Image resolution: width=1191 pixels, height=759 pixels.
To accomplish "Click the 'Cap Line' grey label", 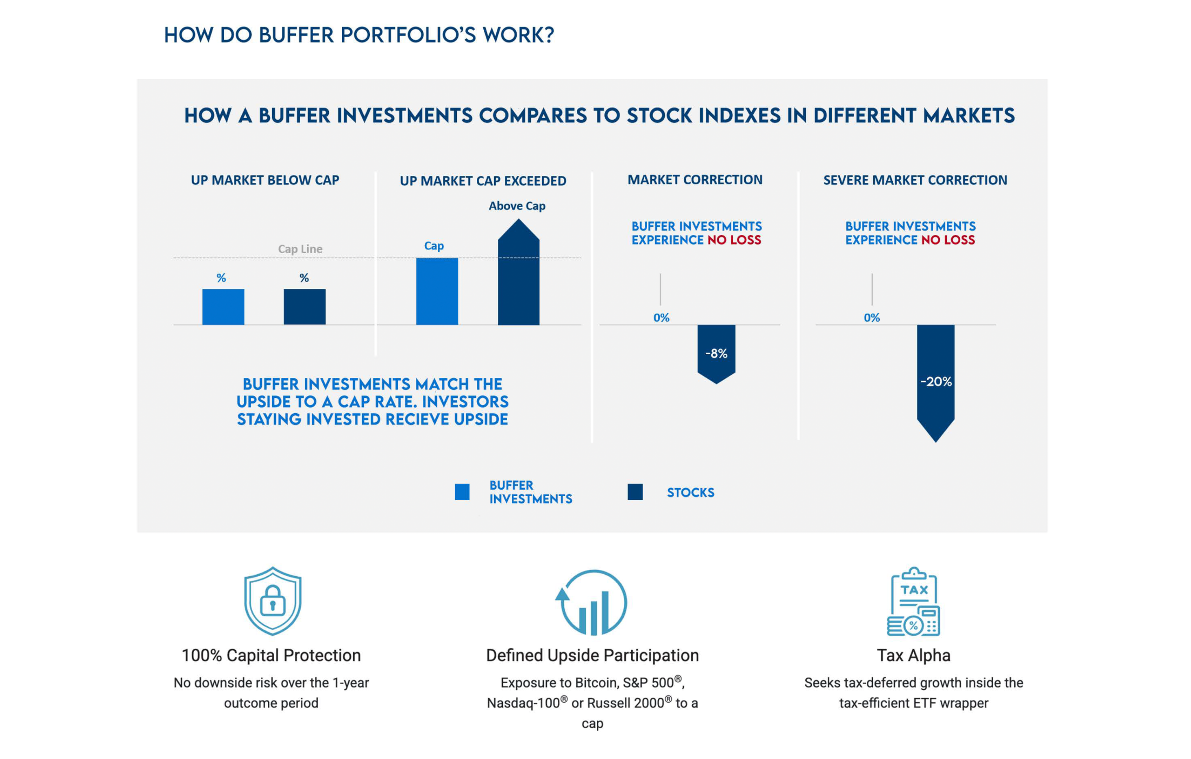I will [x=300, y=249].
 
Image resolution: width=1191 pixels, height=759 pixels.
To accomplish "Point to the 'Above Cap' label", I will [x=517, y=206].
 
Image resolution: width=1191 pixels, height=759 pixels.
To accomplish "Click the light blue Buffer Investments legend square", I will [x=462, y=492].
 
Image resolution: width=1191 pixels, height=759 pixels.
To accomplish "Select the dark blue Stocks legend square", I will [x=635, y=492].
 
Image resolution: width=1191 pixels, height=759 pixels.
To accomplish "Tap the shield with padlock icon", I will [x=273, y=601].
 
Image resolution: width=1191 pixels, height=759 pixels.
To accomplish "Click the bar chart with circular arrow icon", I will [x=592, y=602].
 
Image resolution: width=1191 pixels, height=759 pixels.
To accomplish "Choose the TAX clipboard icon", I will [x=914, y=602].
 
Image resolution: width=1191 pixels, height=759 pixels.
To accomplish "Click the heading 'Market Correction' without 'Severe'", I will [x=695, y=180].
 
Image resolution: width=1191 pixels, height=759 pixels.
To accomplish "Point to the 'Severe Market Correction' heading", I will [x=915, y=180].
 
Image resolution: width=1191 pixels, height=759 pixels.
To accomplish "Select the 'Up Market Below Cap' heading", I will [x=265, y=180].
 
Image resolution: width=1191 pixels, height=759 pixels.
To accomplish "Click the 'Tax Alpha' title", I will [x=914, y=655].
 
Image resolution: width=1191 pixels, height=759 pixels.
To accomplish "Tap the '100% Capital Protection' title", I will [x=271, y=655].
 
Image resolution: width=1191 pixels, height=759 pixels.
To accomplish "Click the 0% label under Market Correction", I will [x=661, y=318].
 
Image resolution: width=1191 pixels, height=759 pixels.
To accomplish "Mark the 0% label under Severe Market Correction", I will [x=871, y=318].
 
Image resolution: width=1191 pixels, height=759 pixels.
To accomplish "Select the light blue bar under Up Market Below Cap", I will [x=223, y=307].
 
